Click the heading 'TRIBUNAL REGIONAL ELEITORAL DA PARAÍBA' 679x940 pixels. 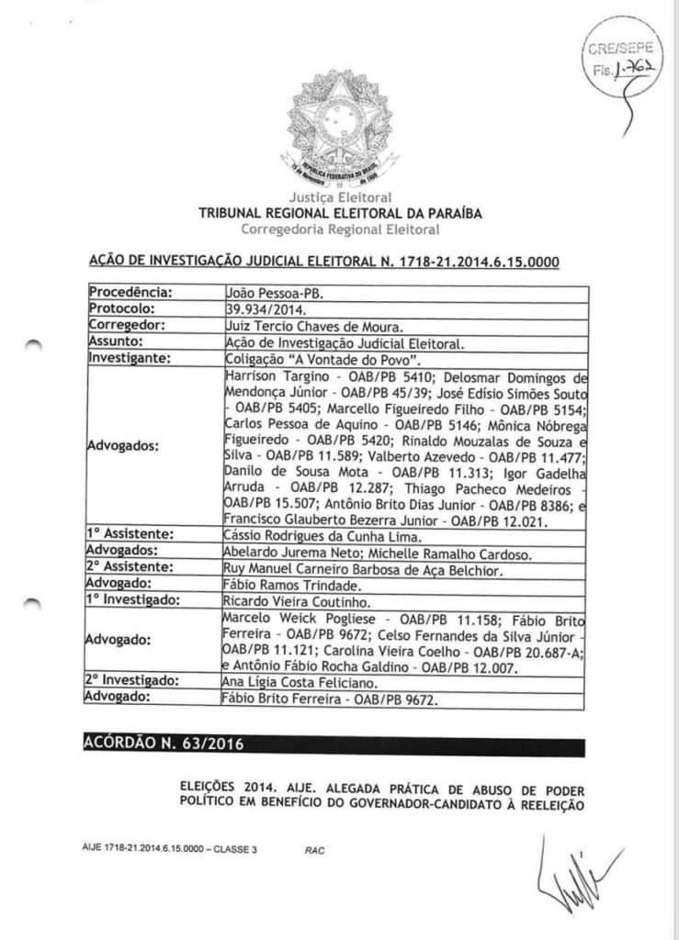[x=339, y=213]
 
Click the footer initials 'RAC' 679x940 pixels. [x=314, y=850]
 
